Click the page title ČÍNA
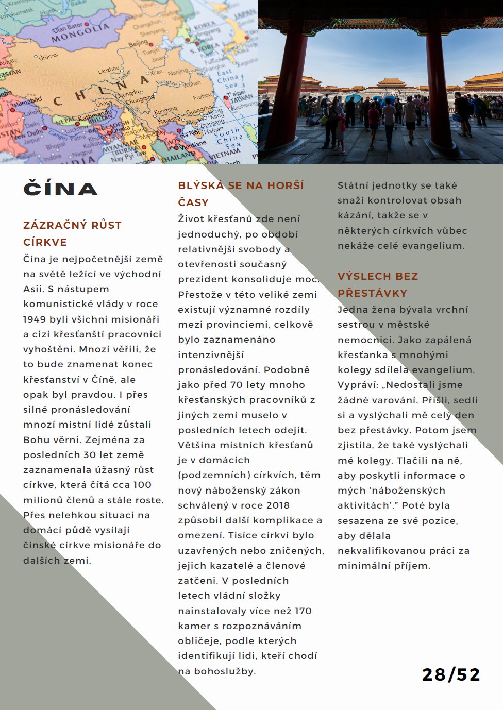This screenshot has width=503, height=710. click(60, 189)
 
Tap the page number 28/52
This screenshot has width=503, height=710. click(451, 674)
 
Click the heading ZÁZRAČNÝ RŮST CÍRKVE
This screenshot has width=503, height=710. click(72, 233)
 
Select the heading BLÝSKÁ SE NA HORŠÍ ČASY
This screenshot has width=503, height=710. click(241, 193)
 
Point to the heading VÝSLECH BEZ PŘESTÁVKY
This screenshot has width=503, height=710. click(378, 284)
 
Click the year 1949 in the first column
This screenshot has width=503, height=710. click(34, 319)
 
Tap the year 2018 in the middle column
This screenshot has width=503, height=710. click(278, 505)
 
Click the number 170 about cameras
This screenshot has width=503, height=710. click(303, 611)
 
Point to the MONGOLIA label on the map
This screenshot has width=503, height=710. click(80, 34)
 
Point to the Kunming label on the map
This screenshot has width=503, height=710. click(165, 110)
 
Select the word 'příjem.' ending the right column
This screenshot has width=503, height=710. click(410, 566)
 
